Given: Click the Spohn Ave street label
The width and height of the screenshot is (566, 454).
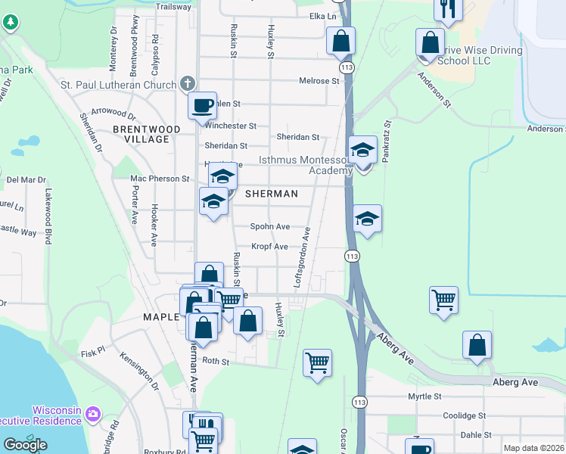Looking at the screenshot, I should pyautogui.click(x=271, y=226).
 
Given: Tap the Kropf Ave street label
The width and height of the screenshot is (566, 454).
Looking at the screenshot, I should pyautogui.click(x=270, y=247).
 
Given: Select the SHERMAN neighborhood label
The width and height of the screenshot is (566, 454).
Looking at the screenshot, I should pyautogui.click(x=272, y=194).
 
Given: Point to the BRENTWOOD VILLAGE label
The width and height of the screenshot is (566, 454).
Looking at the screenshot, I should pyautogui.click(x=146, y=134).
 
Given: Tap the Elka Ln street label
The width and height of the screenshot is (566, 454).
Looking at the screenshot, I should pyautogui.click(x=322, y=16).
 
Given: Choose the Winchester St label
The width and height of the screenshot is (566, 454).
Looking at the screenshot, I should pyautogui.click(x=232, y=126).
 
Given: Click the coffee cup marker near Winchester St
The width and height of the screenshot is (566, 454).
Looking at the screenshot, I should pyautogui.click(x=202, y=106).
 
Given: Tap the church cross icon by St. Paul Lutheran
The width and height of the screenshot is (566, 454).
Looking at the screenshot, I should pyautogui.click(x=188, y=84).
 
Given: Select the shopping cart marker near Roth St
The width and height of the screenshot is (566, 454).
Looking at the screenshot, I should pyautogui.click(x=317, y=362).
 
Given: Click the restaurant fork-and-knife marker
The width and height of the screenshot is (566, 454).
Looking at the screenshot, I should pyautogui.click(x=448, y=8).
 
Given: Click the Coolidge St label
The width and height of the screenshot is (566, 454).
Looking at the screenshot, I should pyautogui.click(x=464, y=415).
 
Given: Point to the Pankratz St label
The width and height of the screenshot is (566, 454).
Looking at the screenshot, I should pyautogui.click(x=387, y=136).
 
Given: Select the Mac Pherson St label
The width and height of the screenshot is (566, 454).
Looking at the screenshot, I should pyautogui.click(x=160, y=179).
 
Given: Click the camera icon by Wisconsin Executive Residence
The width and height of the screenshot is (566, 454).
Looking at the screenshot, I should pyautogui.click(x=92, y=413).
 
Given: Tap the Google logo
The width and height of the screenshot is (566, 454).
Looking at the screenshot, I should pyautogui.click(x=25, y=445).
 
